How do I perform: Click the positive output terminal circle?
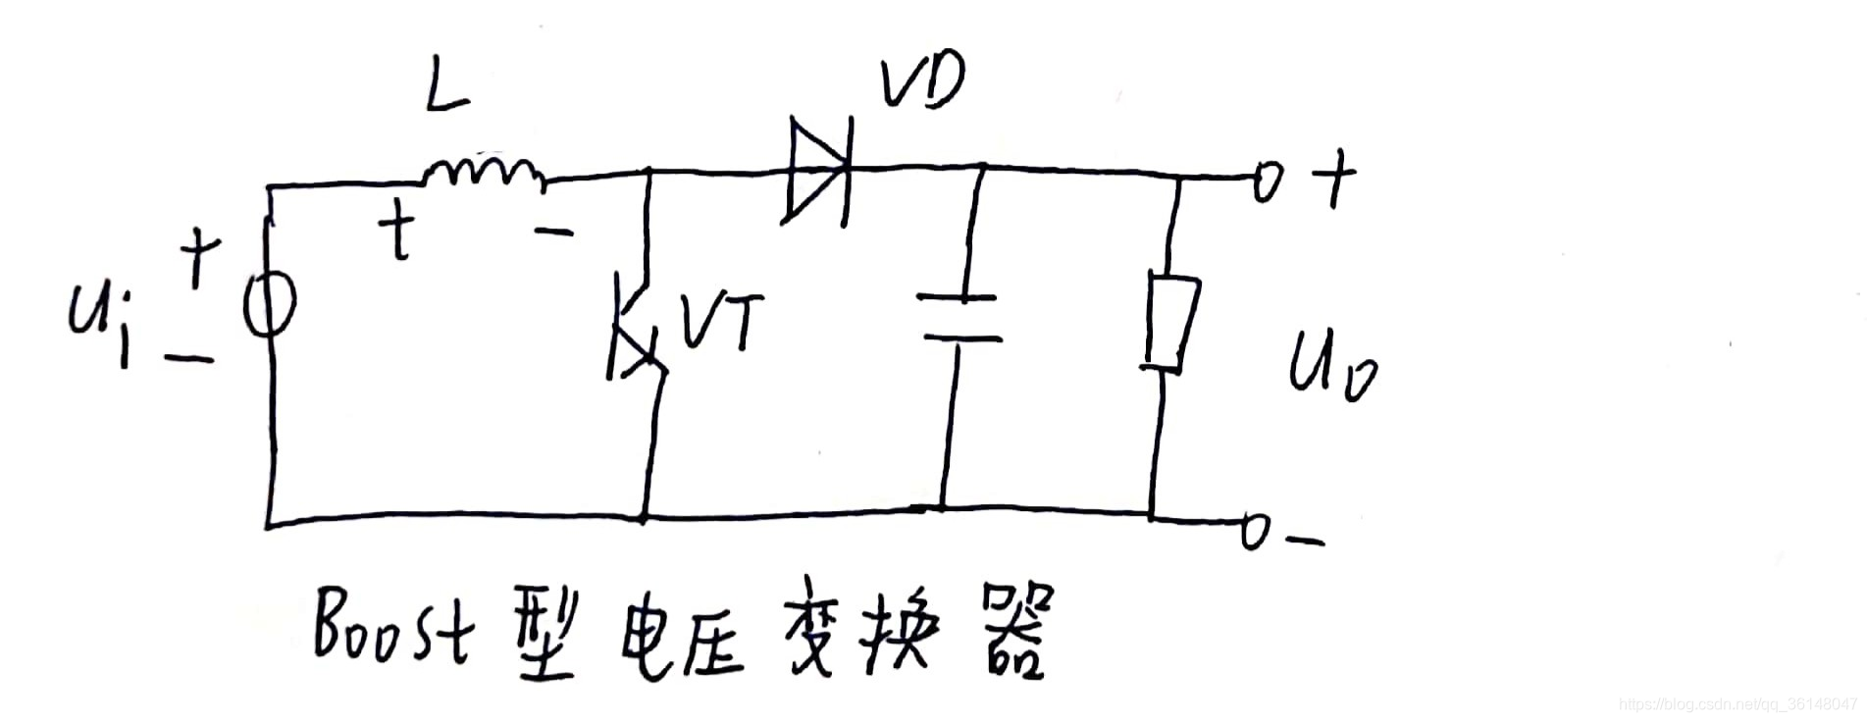click(1268, 180)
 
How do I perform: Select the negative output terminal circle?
click(1257, 531)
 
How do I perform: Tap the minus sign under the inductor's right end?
click(553, 232)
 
